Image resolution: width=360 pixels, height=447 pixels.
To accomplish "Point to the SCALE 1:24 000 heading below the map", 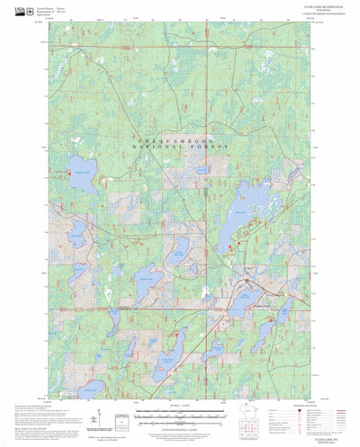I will tap(180, 404).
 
